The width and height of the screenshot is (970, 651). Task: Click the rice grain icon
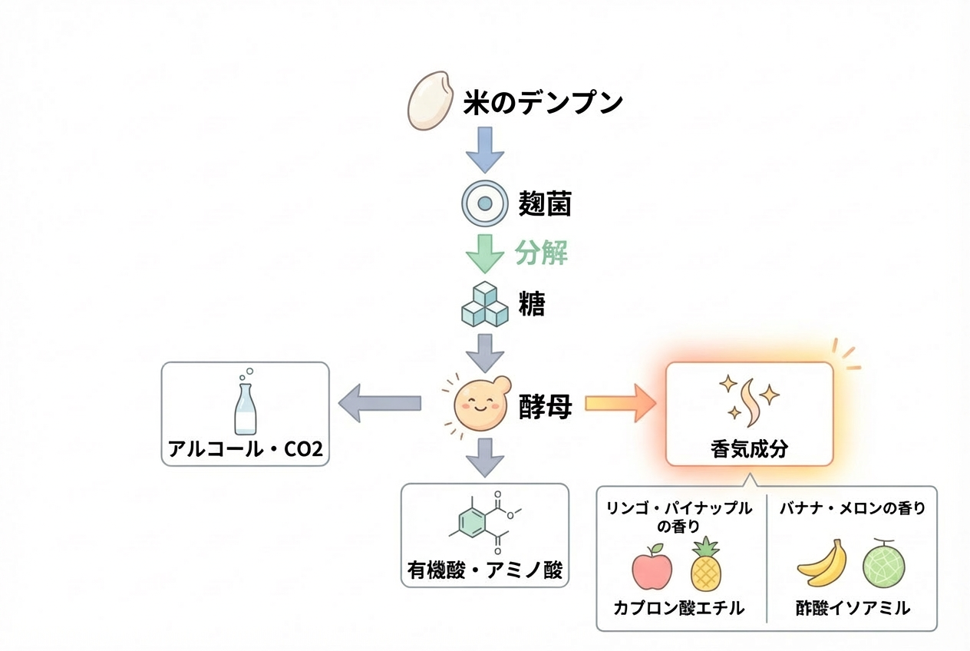(x=428, y=101)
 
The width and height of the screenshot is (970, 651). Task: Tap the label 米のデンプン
(x=543, y=103)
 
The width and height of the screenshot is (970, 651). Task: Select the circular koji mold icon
(x=485, y=203)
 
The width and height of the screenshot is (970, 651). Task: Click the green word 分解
(x=542, y=253)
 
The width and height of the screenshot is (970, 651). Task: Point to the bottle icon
(x=246, y=404)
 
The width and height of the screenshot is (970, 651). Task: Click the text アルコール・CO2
(x=246, y=449)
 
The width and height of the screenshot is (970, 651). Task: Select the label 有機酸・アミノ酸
(x=485, y=570)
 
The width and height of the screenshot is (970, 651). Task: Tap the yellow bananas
(x=822, y=564)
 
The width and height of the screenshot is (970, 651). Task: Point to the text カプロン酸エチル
(x=679, y=608)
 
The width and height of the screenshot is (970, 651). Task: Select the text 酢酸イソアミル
(x=853, y=608)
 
